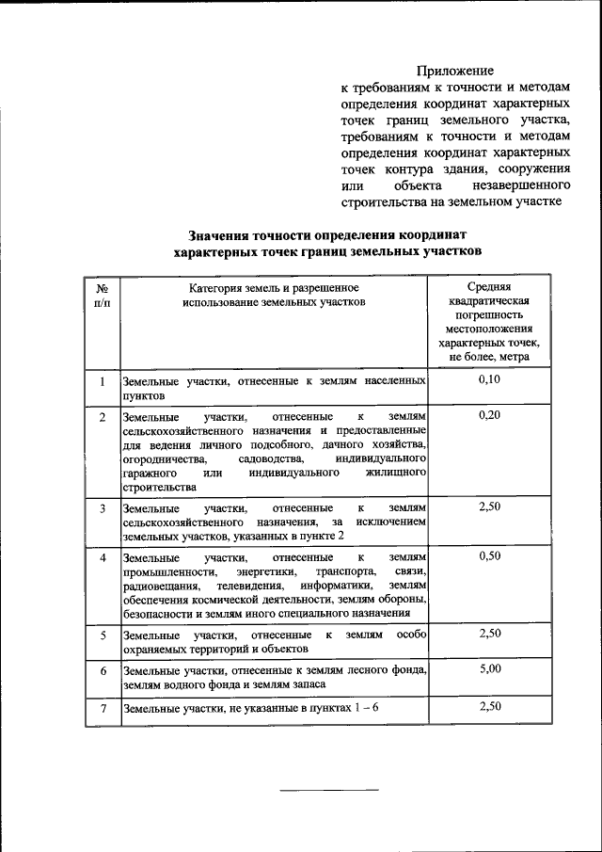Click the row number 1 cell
(102, 380)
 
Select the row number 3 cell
(102, 508)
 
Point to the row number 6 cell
(102, 670)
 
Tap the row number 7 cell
(102, 706)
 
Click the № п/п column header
(102, 295)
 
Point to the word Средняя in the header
(489, 286)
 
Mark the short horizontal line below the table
(331, 789)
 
